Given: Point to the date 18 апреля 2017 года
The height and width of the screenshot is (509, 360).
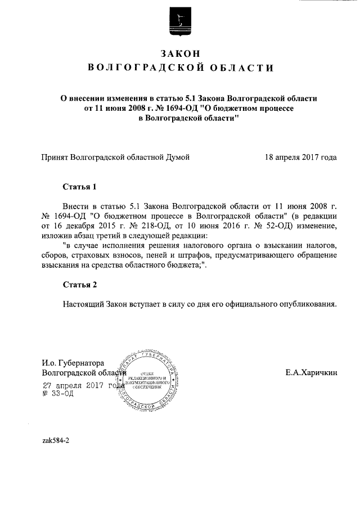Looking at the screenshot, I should [301, 157].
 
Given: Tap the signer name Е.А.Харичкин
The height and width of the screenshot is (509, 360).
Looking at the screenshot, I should [311, 372].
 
